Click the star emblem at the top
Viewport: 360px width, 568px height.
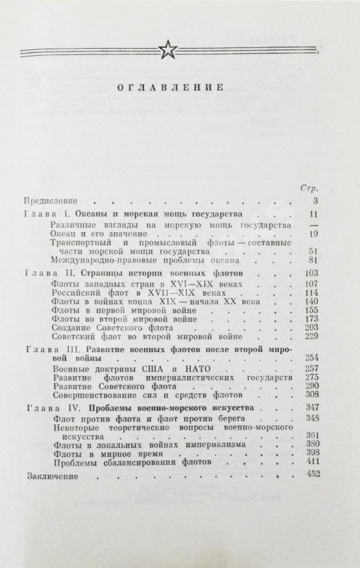pos(169,49)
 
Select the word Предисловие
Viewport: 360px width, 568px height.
pos(49,200)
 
